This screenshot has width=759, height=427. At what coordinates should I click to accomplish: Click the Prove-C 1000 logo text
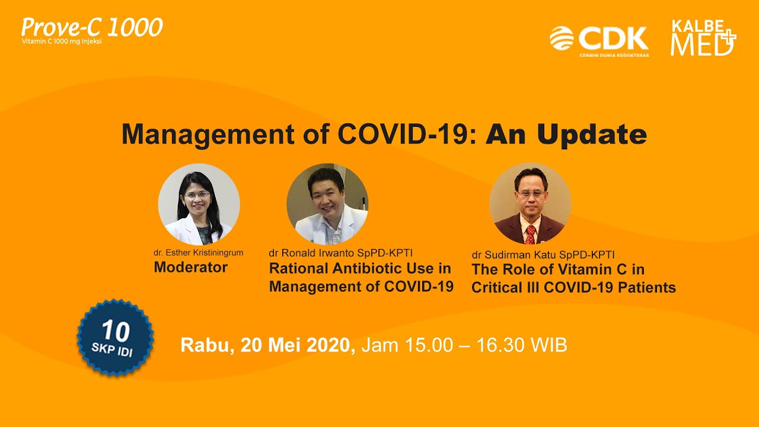(x=92, y=27)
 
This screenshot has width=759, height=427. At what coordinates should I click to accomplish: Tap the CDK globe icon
(x=562, y=38)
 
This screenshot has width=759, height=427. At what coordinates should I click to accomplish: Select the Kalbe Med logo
(x=703, y=37)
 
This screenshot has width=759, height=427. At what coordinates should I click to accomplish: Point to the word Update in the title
(x=592, y=135)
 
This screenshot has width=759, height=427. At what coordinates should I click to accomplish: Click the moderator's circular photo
(x=199, y=205)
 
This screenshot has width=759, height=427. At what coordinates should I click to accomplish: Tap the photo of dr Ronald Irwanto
(x=327, y=205)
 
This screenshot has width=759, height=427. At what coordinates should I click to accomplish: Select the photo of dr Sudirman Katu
(x=530, y=203)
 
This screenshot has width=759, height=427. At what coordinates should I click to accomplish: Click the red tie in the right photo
(x=530, y=234)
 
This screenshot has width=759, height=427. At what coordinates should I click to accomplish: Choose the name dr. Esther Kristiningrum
(x=198, y=253)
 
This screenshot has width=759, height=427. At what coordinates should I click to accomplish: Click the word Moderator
(x=190, y=267)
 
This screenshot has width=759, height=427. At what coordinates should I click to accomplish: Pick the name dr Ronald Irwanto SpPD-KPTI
(x=340, y=253)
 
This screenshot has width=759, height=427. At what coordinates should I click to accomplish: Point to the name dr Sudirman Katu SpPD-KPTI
(x=543, y=255)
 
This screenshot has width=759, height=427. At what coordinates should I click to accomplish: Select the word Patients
(x=647, y=288)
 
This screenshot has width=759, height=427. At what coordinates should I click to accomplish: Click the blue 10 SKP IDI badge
(x=115, y=337)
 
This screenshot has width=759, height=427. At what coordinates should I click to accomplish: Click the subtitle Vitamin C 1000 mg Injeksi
(x=62, y=42)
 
